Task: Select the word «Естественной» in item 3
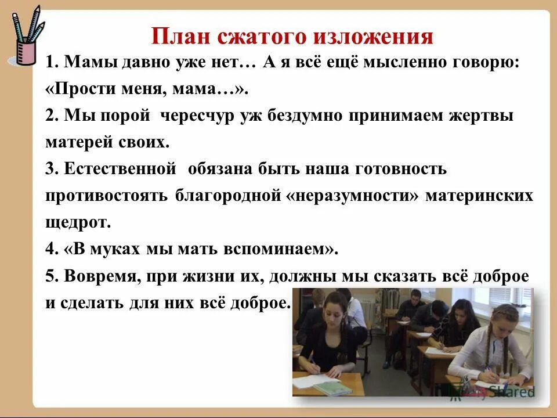(120, 170)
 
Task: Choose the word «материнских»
(479, 196)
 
